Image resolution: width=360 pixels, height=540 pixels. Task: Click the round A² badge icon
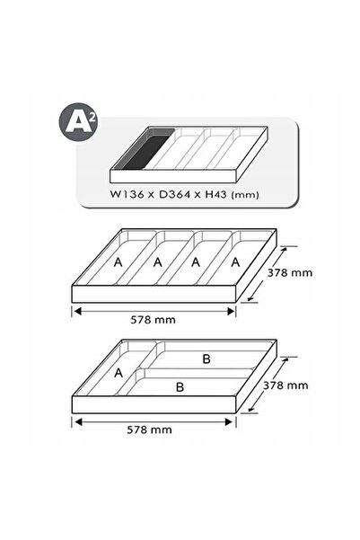pos(78,122)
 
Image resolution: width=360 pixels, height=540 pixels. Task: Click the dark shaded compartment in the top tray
pos(145,149)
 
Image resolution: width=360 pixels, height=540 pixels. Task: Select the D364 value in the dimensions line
pos(174,194)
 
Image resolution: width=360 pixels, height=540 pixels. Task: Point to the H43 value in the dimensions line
pos(215,194)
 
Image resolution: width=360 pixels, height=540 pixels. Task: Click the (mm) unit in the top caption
pos(245,195)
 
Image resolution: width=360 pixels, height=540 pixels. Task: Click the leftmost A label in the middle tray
pos(118,262)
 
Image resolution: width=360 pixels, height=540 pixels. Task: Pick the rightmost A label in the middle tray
pos(235,262)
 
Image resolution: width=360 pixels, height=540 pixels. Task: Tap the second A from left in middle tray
pos(158,262)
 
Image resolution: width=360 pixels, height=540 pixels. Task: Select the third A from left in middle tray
pos(196,262)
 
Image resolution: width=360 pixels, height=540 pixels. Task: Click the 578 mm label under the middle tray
pos(153,320)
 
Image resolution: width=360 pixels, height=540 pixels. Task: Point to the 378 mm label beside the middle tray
pos(290,273)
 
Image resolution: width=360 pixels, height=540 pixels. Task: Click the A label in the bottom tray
pos(119,373)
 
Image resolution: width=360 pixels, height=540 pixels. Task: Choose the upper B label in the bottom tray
pos(206,359)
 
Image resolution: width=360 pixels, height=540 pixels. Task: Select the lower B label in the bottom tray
pos(180,386)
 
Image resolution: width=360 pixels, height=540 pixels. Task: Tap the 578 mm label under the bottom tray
pos(149,429)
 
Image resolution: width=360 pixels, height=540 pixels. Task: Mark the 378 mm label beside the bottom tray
pos(285,385)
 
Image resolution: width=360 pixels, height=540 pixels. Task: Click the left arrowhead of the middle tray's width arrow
pos(77,311)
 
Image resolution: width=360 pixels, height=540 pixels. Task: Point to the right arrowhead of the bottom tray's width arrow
pos(229,422)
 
